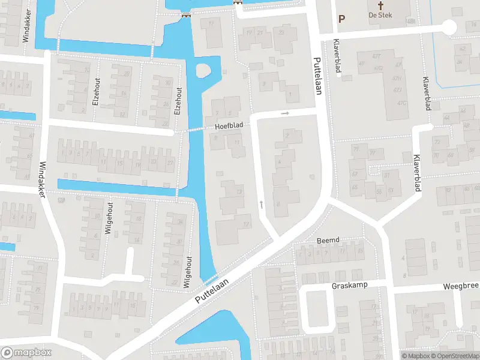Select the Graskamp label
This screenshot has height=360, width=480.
click(x=350, y=286)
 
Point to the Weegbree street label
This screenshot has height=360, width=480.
click(x=461, y=287)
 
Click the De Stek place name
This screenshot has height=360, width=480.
click(x=380, y=15)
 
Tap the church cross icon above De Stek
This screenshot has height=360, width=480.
click(x=380, y=5)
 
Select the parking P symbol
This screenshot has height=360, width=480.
click(x=341, y=19)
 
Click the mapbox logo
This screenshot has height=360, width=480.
click(x=26, y=353)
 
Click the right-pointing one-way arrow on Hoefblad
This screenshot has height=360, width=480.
click(x=286, y=113)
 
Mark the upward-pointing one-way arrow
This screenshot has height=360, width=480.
click(x=261, y=205)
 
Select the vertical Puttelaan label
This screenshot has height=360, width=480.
click(x=317, y=76)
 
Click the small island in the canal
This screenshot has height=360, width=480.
click(x=203, y=71)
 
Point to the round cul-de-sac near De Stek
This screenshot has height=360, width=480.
click(x=448, y=26)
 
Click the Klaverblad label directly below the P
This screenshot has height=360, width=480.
click(x=337, y=61)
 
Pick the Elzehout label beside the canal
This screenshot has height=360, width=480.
click(x=178, y=101)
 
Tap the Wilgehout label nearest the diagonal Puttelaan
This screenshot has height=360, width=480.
click(x=187, y=273)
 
